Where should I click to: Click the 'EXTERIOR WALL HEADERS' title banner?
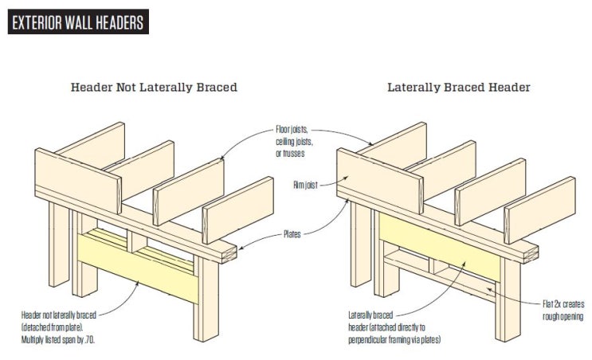pos(78,22)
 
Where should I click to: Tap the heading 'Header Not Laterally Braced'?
pos(154,87)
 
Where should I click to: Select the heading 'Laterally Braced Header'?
pos(459,87)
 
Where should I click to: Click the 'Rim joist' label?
pos(305,185)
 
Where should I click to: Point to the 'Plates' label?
pos(292,234)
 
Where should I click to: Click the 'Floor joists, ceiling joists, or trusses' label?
pos(294,142)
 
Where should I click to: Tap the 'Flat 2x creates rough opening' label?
pos(563,310)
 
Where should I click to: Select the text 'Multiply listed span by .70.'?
pos(57,339)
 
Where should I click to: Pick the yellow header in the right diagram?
pos(440,246)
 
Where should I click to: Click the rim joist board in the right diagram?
pos(379,180)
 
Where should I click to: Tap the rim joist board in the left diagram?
pos(78,180)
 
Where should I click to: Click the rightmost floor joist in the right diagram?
pos(540,209)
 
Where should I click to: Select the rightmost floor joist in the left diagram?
pos(238,209)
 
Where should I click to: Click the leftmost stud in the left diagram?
pos(59,244)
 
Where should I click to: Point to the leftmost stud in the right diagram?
pos(361,244)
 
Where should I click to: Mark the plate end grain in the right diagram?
pos(531,256)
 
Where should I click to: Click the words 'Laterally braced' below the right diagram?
pos(370,315)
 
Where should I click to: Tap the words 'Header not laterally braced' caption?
pos(59,315)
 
